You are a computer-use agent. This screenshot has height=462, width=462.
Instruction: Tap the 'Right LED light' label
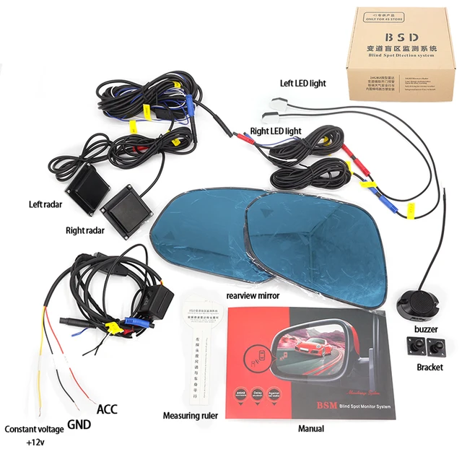pos(275,131)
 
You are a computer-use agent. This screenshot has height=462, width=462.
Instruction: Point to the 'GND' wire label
pos(79,424)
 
